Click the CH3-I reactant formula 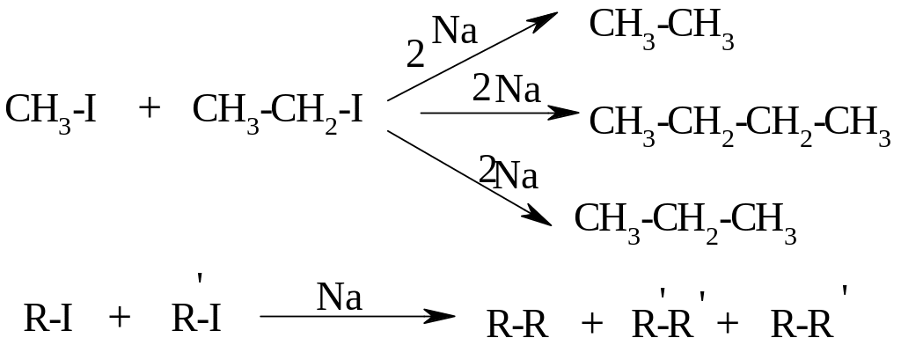pyautogui.click(x=50, y=111)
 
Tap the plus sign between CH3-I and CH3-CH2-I pyautogui.click(x=150, y=108)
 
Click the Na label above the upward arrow pyautogui.click(x=456, y=33)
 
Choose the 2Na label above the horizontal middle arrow pyautogui.click(x=506, y=90)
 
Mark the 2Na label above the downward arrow pyautogui.click(x=508, y=173)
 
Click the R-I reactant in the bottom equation pyautogui.click(x=48, y=319)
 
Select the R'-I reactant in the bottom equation pyautogui.click(x=196, y=315)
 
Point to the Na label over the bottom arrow pyautogui.click(x=340, y=298)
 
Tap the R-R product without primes pyautogui.click(x=517, y=326)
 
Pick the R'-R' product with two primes pyautogui.click(x=668, y=322)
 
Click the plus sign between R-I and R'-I pyautogui.click(x=119, y=318)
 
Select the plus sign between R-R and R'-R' pyautogui.click(x=592, y=325)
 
